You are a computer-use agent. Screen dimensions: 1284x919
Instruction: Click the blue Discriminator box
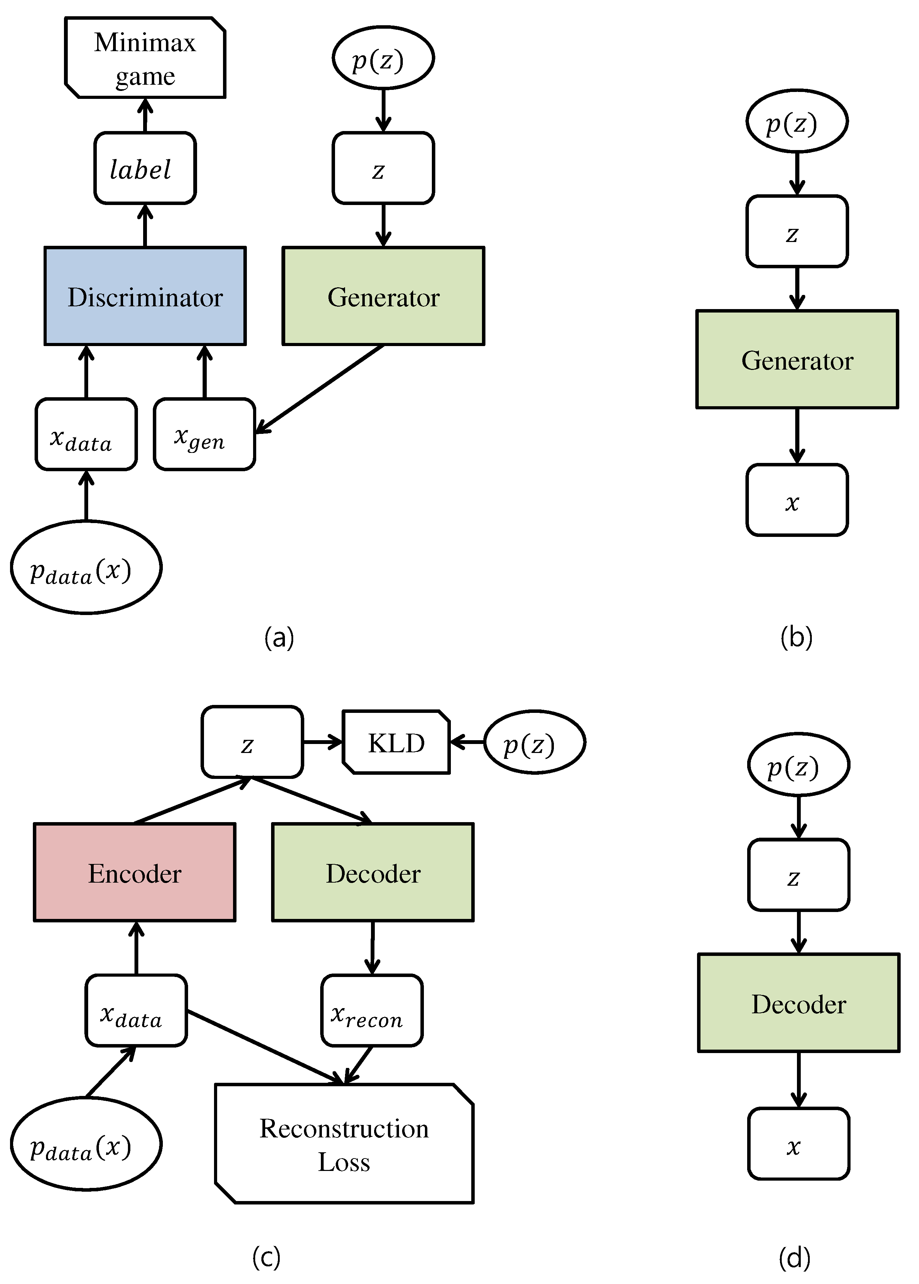point(145,296)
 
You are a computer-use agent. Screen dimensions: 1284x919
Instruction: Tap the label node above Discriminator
point(145,168)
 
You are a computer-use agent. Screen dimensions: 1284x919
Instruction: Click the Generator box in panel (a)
point(383,296)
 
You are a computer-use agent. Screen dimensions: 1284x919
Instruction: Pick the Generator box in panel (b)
point(797,359)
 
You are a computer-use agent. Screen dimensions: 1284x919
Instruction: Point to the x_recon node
point(372,1011)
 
